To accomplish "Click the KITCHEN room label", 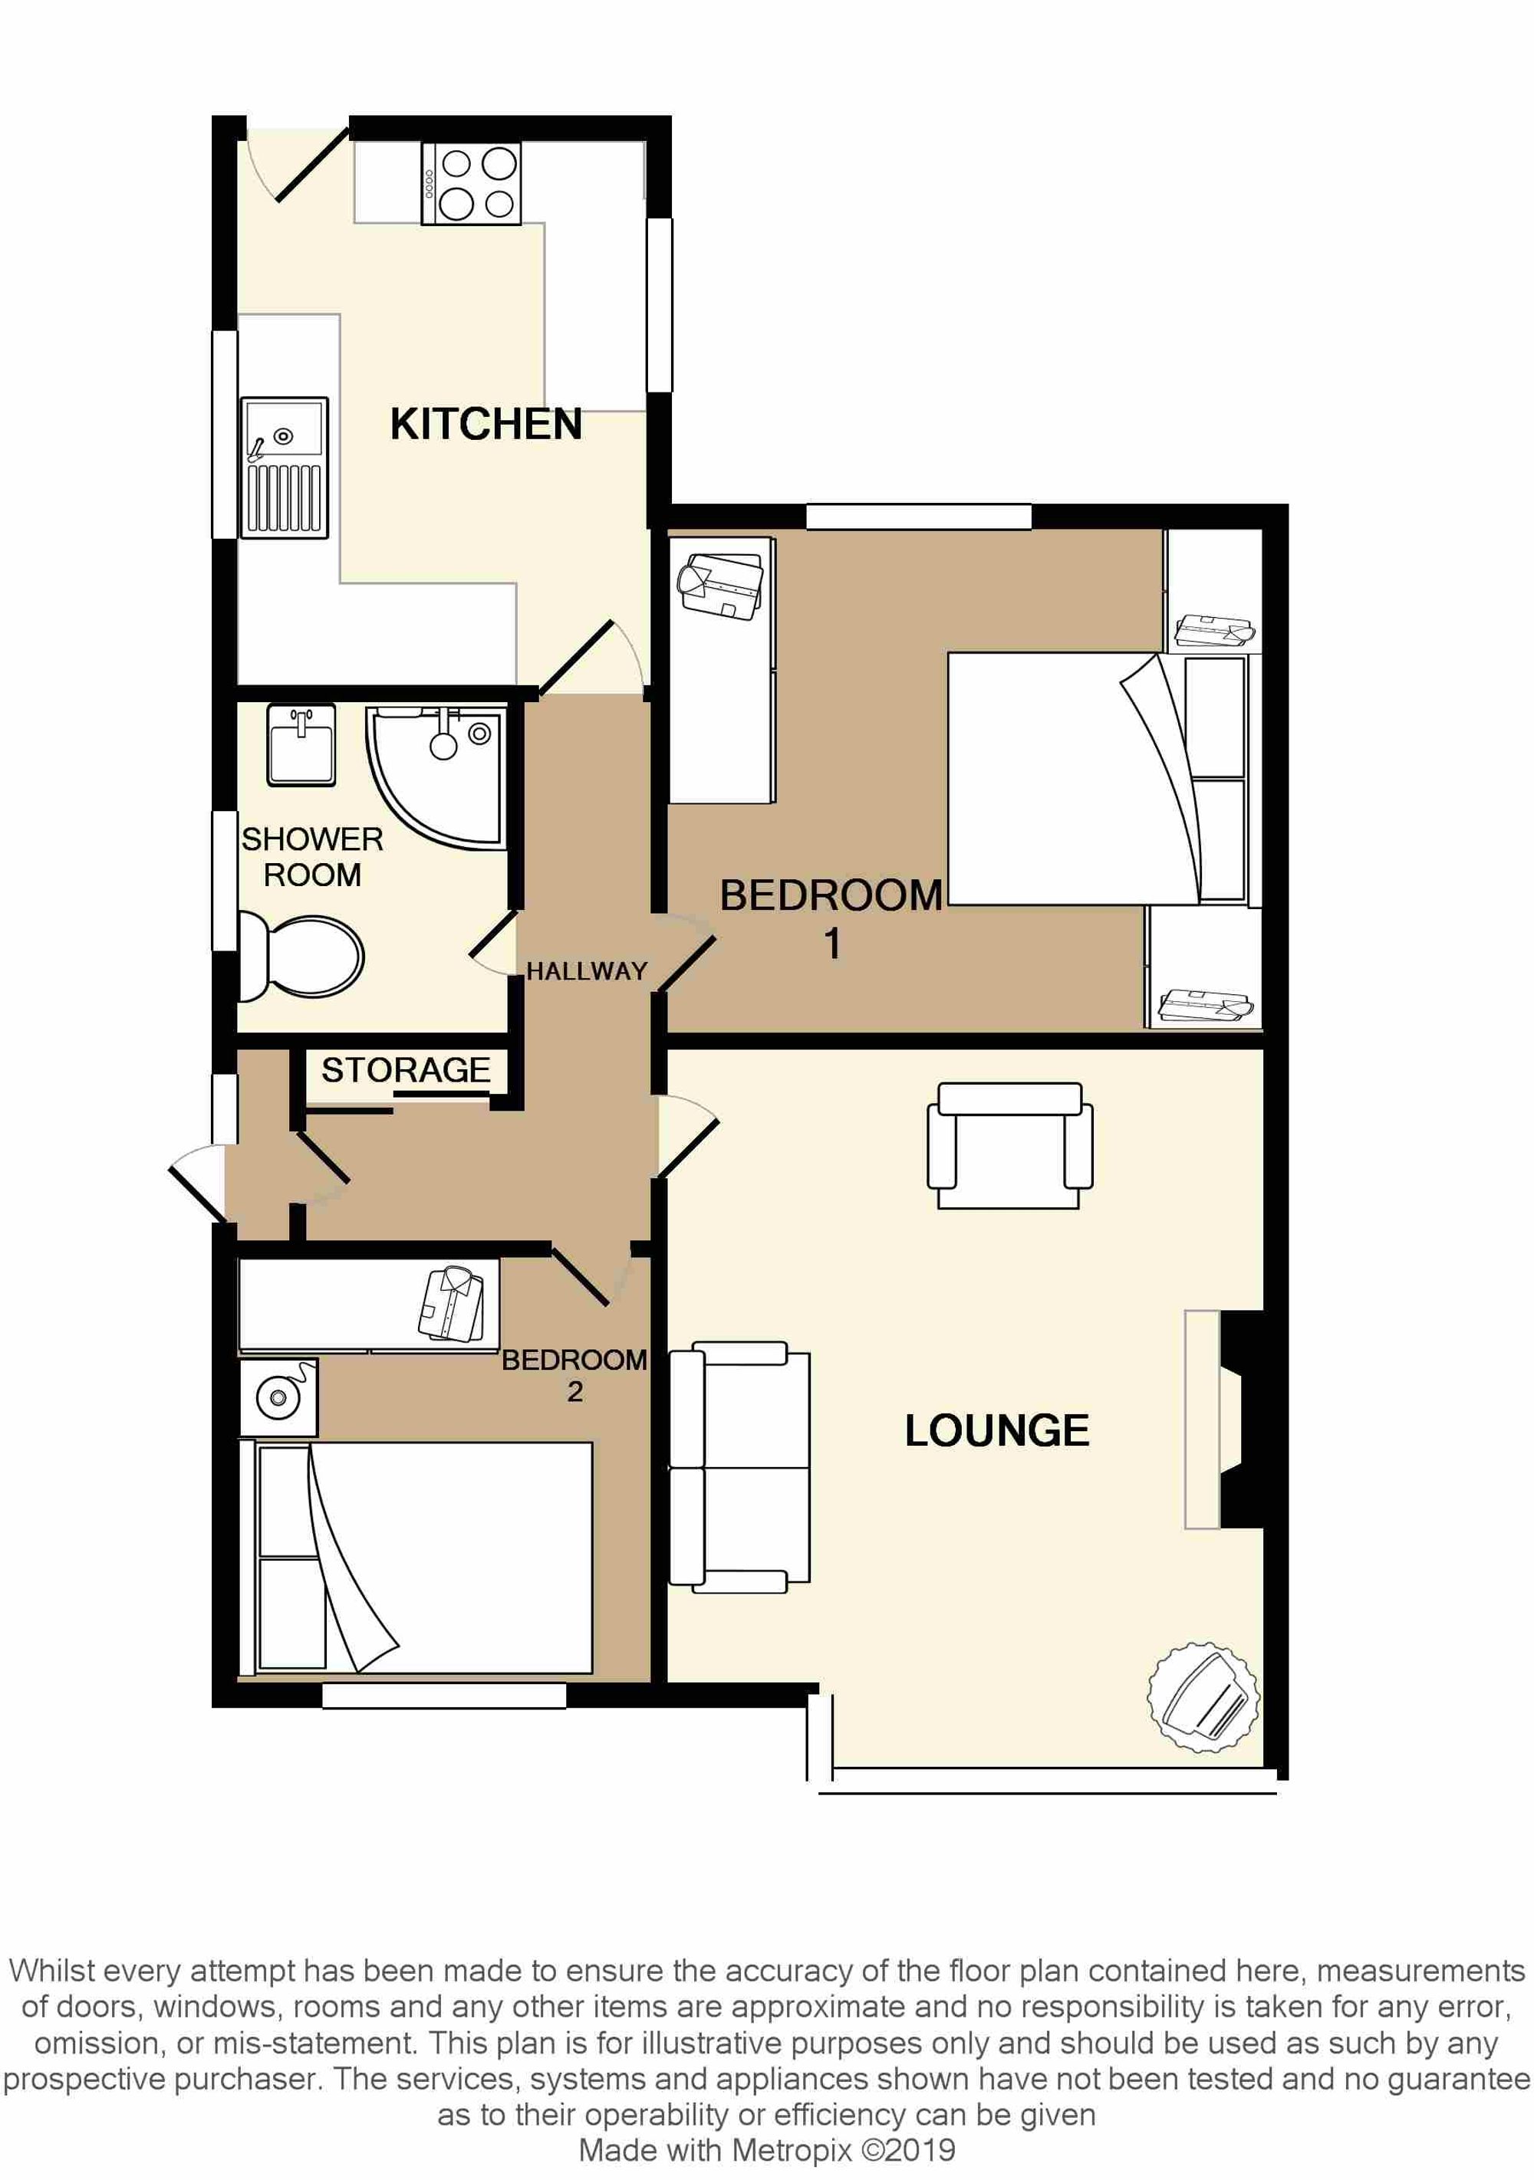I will point(486,425).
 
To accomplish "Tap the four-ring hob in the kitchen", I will point(472,183).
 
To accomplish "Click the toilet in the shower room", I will point(301,957).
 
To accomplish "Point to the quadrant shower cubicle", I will point(437,775).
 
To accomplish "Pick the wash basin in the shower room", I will point(301,745).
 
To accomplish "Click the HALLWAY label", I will point(586,971).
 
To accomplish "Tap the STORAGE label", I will point(406,1070).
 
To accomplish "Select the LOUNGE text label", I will point(996,1431).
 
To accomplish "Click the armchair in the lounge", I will point(1009,1145).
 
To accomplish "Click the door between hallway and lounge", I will point(686,1137).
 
